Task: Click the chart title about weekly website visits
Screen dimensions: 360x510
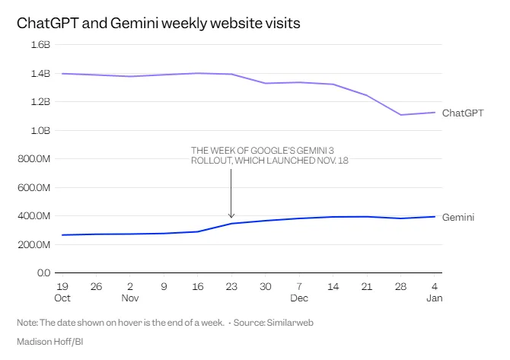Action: (x=158, y=24)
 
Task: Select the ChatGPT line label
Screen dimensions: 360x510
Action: (x=463, y=113)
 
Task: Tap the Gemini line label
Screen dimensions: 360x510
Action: (x=458, y=218)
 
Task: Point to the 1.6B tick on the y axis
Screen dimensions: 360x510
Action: (x=40, y=45)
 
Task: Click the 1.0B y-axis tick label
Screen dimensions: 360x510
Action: (x=40, y=130)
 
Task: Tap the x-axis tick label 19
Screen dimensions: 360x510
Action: (x=62, y=286)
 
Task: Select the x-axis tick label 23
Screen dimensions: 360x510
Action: (x=231, y=286)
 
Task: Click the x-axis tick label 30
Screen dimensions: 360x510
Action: (x=265, y=286)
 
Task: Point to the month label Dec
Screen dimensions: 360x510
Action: (x=299, y=298)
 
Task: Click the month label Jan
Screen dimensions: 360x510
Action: (x=435, y=298)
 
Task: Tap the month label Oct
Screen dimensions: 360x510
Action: (x=62, y=298)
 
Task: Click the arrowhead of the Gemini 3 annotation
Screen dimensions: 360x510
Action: (x=231, y=216)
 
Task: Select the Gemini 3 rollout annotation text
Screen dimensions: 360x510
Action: (x=269, y=155)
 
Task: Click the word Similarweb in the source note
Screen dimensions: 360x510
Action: (x=289, y=323)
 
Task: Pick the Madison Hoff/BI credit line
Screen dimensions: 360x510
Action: (x=49, y=342)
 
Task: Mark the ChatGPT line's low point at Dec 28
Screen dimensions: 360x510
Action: (x=401, y=115)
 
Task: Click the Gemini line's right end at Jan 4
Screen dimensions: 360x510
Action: (x=435, y=217)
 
